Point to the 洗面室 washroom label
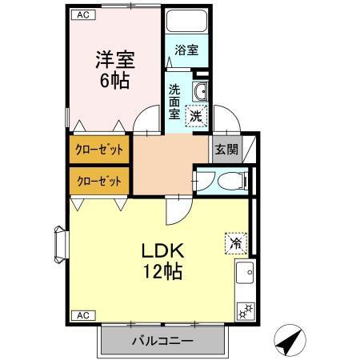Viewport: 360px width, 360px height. pyautogui.click(x=174, y=99)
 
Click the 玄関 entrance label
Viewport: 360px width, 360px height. pyautogui.click(x=225, y=149)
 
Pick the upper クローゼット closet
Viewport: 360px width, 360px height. pyautogui.click(x=98, y=150)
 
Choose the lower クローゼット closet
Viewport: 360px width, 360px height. pyautogui.click(x=98, y=181)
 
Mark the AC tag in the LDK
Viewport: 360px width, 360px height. pyautogui.click(x=82, y=314)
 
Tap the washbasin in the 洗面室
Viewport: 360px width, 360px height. pyautogui.click(x=201, y=90)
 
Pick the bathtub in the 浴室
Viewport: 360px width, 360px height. pyautogui.click(x=186, y=22)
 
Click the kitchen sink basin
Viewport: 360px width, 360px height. pyautogui.click(x=244, y=273)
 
